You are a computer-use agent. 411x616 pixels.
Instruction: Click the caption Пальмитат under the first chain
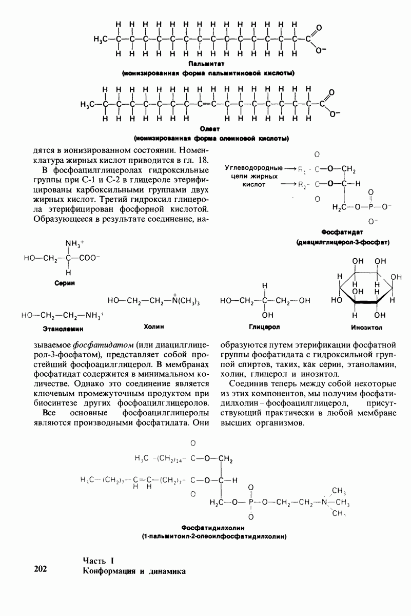(x=207, y=64)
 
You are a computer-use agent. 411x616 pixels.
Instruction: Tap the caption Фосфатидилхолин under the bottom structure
(x=213, y=528)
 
